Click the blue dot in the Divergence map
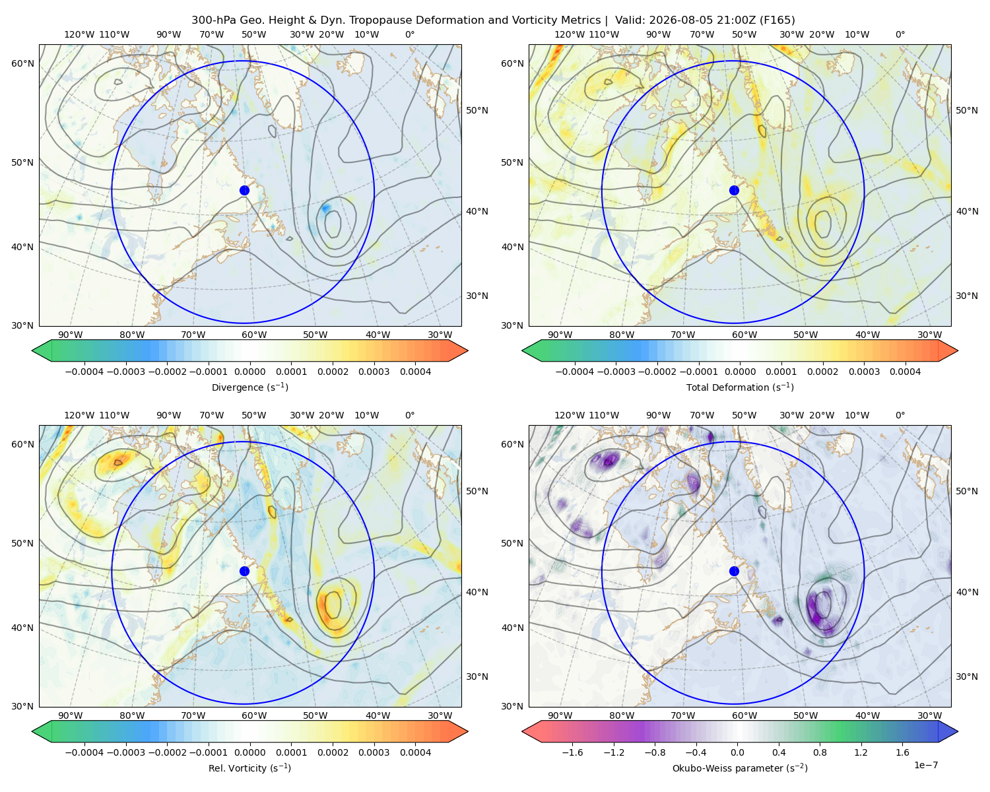[244, 191]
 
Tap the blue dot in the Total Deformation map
[734, 191]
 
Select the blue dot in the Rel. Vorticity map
[244, 571]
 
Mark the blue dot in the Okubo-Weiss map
[734, 571]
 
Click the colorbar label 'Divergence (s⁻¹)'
[249, 387]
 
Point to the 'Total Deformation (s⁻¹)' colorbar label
[740, 387]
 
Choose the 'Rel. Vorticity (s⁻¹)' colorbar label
[249, 768]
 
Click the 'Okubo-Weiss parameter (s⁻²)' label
[740, 768]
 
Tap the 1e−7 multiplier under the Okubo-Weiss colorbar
[925, 765]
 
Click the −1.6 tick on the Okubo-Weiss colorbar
[572, 752]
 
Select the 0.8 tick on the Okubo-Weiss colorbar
[820, 752]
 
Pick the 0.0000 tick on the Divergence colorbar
[249, 372]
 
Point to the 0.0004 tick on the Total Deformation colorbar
[905, 372]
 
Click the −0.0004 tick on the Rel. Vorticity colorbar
[84, 752]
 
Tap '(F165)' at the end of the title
[777, 20]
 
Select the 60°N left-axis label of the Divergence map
[22, 63]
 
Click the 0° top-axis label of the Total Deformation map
[900, 34]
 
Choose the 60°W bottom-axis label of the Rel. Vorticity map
[254, 715]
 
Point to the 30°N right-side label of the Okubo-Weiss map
[967, 676]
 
